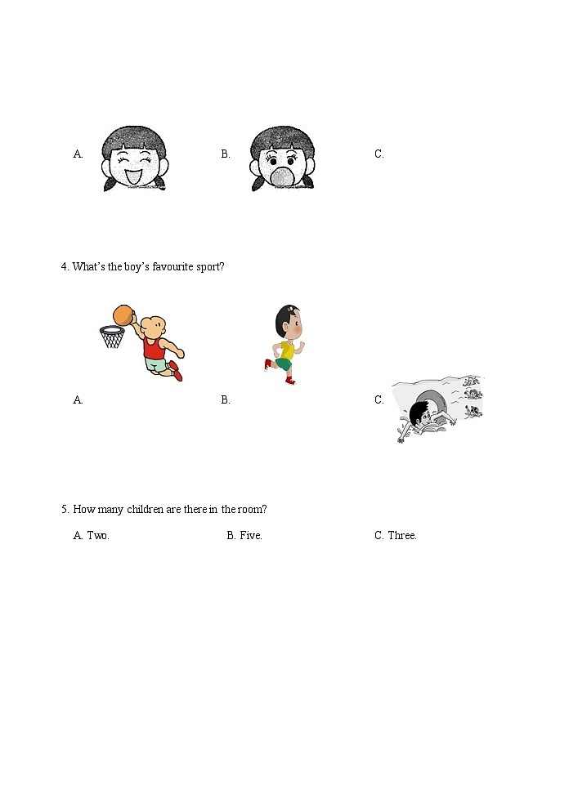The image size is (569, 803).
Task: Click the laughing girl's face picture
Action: (134, 158)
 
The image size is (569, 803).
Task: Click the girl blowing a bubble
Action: (282, 158)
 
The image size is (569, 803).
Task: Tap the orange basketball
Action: (123, 315)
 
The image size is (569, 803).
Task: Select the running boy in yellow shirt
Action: (285, 343)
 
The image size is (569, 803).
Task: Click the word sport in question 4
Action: (208, 267)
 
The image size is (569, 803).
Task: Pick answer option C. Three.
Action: (396, 536)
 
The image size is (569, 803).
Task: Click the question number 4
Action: (64, 267)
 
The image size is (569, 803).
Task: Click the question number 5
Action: (64, 510)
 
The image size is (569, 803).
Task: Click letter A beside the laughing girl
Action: (78, 154)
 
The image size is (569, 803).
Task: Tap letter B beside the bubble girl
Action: (226, 154)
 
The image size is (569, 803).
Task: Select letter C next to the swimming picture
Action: (379, 399)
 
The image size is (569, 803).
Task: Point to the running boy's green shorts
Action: (284, 364)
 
